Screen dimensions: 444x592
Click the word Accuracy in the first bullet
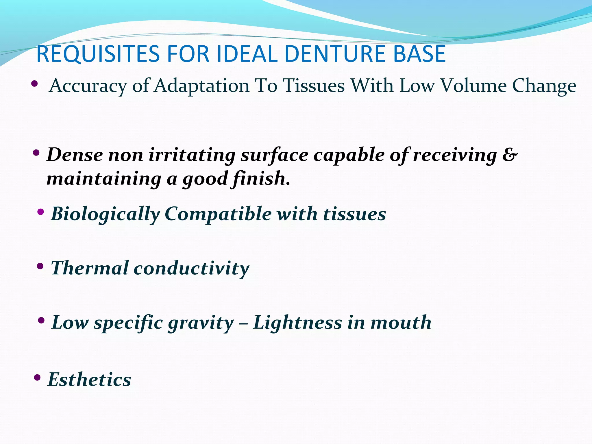click(x=88, y=86)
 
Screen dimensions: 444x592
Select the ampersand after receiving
click(x=509, y=155)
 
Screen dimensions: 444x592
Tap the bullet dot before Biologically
click(x=41, y=212)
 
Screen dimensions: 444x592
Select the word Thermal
click(x=90, y=268)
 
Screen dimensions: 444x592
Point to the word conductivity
click(x=191, y=268)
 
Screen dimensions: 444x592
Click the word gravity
click(x=201, y=323)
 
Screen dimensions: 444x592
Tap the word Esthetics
click(x=89, y=379)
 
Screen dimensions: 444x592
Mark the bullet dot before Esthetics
click(x=37, y=377)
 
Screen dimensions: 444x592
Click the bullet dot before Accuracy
click(x=34, y=84)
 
